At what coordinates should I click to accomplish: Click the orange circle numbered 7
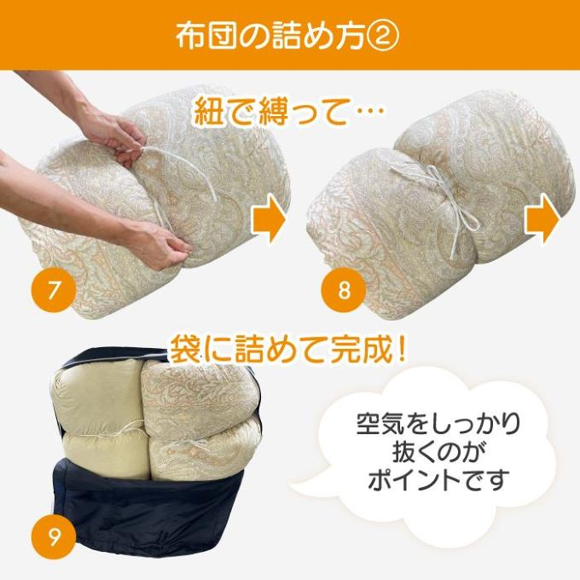point(54,290)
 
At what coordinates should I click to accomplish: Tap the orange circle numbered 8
point(344,290)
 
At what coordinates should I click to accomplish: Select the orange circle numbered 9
point(54,536)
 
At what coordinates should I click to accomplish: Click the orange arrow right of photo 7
point(270,219)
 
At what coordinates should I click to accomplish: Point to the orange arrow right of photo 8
point(542,219)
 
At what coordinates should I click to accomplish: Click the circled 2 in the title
point(385,37)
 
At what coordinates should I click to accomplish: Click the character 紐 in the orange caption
point(209,110)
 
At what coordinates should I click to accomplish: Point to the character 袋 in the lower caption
point(186,349)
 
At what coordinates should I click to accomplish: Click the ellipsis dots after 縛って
point(368,110)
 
